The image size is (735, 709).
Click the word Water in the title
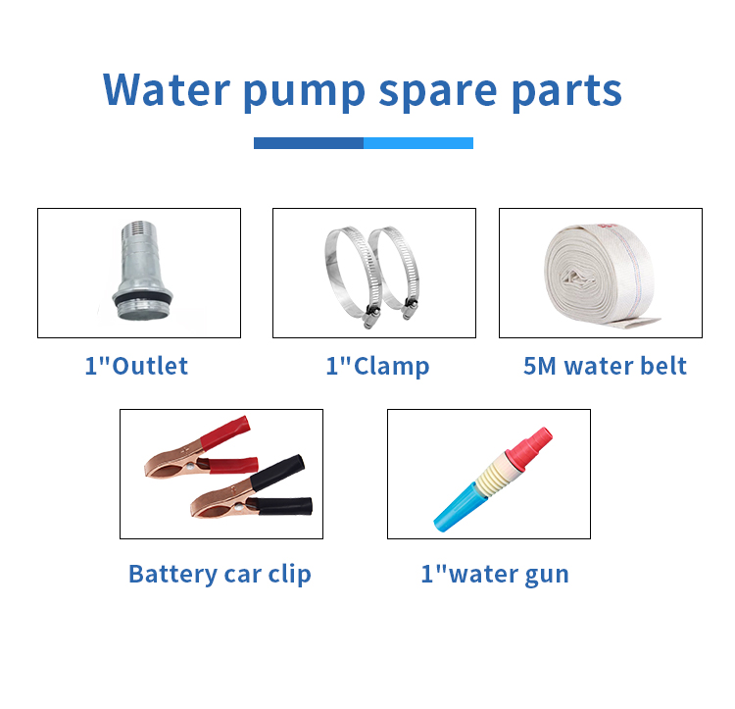(167, 89)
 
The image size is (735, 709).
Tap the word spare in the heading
(437, 93)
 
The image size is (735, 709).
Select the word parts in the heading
(566, 93)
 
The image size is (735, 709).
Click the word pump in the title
(304, 93)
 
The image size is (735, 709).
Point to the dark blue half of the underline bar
(309, 143)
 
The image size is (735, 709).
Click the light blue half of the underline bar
(418, 143)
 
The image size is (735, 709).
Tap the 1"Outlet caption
(136, 366)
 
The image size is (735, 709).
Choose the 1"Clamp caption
(377, 367)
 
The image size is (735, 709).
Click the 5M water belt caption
(605, 366)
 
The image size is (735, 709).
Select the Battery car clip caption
(220, 574)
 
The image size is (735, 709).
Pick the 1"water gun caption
(495, 574)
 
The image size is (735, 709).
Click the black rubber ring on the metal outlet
(142, 298)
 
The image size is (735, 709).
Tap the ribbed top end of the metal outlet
(138, 228)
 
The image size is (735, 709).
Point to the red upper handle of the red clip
(225, 431)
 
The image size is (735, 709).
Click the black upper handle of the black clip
(277, 473)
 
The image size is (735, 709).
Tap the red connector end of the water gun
(529, 448)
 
